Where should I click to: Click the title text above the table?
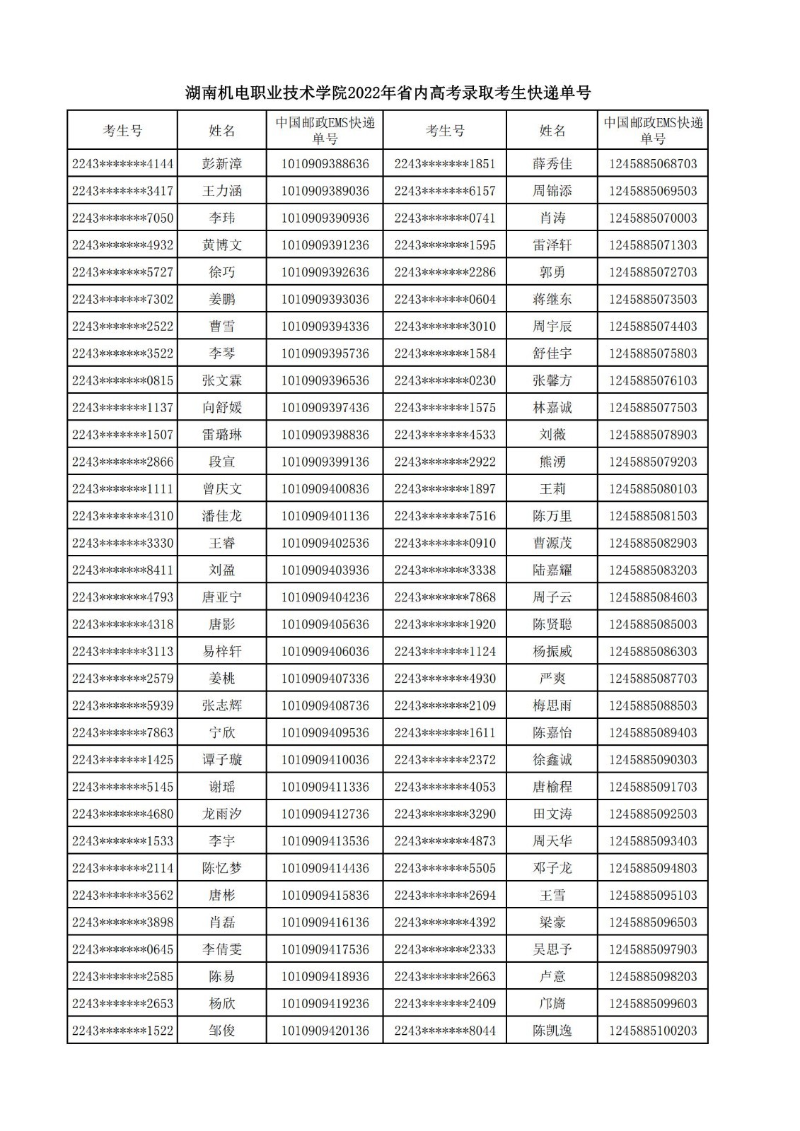tap(388, 93)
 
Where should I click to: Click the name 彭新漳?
tap(222, 164)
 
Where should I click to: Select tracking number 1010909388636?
tap(325, 164)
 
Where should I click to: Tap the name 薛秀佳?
tap(552, 164)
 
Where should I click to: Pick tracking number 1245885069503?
tap(652, 191)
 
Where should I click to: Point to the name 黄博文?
tap(222, 245)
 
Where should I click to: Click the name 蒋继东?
tap(552, 299)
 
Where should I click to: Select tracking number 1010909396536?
tap(325, 380)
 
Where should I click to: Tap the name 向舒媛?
tap(222, 408)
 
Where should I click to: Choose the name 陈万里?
tap(552, 516)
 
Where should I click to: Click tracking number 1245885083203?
tap(652, 570)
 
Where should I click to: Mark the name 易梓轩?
tap(222, 651)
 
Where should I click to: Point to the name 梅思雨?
tap(552, 705)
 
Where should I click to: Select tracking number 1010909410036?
tap(325, 760)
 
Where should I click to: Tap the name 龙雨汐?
tap(222, 814)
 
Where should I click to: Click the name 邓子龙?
tap(552, 868)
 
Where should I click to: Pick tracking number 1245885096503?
tap(652, 922)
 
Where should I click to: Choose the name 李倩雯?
tap(222, 949)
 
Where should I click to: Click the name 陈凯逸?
tap(552, 1031)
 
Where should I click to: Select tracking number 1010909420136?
tap(325, 1031)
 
